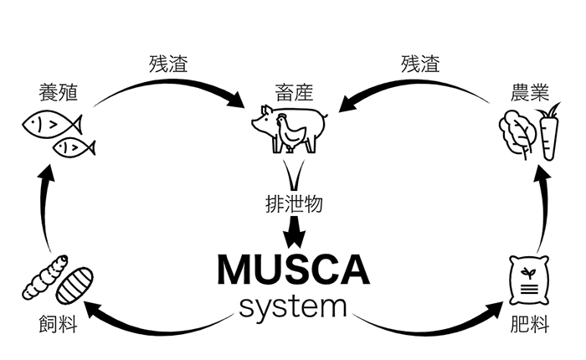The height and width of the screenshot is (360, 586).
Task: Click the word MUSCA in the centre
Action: click(293, 270)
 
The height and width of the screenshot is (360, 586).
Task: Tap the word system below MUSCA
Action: click(293, 306)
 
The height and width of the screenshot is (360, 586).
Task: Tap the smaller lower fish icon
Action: click(74, 148)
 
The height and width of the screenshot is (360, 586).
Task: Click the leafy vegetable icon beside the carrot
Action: click(516, 134)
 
